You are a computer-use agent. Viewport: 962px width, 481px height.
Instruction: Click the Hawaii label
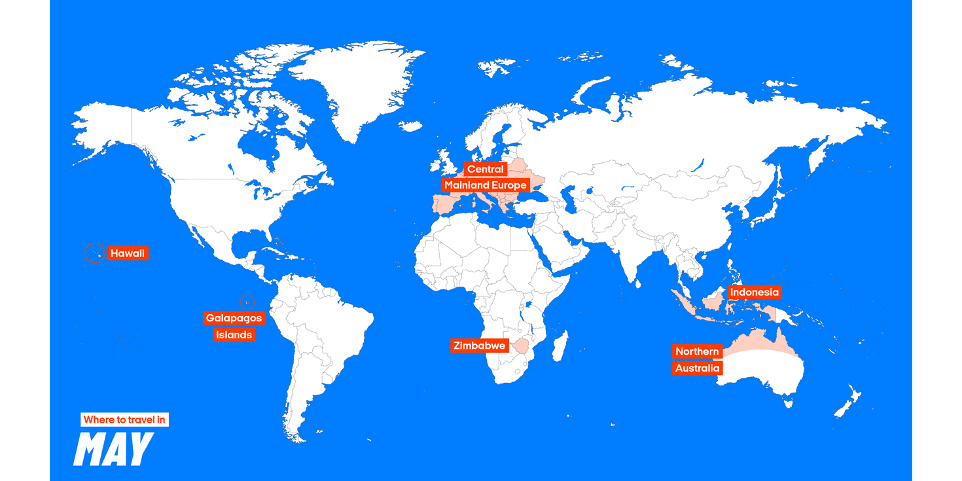pyautogui.click(x=128, y=253)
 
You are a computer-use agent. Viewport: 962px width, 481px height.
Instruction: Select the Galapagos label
pyautogui.click(x=234, y=318)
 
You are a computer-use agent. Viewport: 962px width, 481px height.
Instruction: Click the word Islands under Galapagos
pyautogui.click(x=234, y=335)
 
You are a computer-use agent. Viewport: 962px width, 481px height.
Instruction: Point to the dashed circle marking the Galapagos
pyautogui.click(x=247, y=302)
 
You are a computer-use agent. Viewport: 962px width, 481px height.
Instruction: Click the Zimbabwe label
pyautogui.click(x=480, y=346)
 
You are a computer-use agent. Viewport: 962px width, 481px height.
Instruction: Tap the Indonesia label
pyautogui.click(x=755, y=292)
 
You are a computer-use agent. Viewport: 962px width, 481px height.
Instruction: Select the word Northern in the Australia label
pyautogui.click(x=697, y=351)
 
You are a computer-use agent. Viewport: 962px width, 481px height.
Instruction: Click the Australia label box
pyautogui.click(x=697, y=368)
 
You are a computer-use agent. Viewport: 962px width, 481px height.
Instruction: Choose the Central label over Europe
pyautogui.click(x=485, y=169)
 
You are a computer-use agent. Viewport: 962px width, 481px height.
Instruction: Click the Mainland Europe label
pyautogui.click(x=485, y=185)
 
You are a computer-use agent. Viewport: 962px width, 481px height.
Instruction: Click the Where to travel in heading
pyautogui.click(x=124, y=419)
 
